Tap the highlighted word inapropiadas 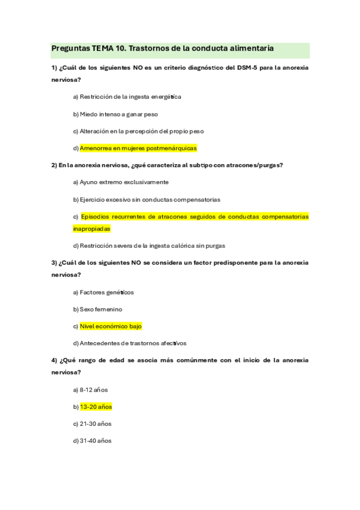91,229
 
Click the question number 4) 54,360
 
